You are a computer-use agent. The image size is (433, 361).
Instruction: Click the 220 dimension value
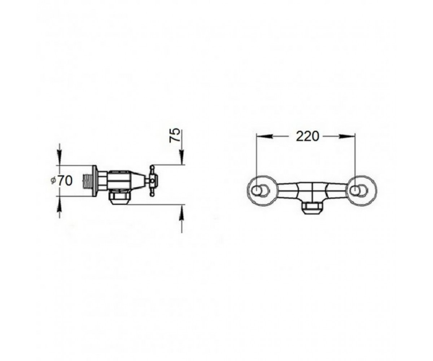point(307,137)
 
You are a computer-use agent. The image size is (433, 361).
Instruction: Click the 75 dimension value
point(175,135)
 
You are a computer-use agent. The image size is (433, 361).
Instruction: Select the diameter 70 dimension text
point(62,180)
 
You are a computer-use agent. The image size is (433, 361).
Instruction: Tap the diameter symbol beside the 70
point(53,180)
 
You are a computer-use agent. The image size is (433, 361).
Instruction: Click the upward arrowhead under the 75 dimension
point(182,212)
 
